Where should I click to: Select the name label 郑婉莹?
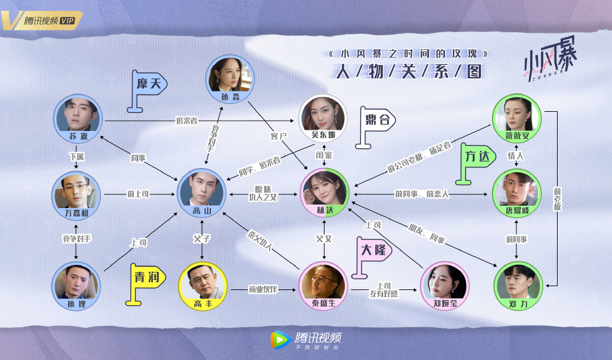tap(445, 303)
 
